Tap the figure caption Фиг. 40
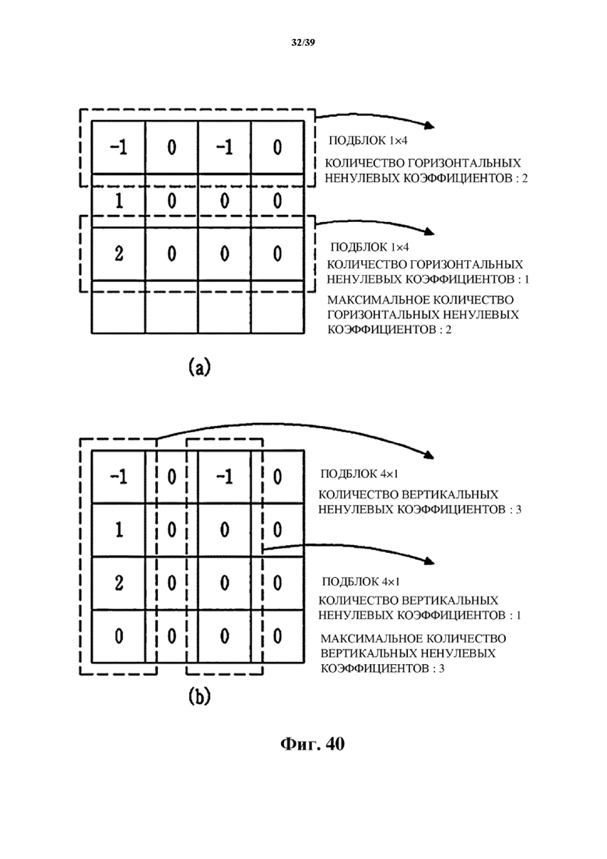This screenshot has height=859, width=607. pos(312,744)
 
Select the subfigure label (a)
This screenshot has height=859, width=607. pos(198,367)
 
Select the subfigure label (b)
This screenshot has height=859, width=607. pos(198,695)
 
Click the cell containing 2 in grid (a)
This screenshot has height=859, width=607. pos(118,254)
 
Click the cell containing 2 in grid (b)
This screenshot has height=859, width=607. pos(118,583)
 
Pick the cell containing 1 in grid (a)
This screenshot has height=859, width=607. pos(118,200)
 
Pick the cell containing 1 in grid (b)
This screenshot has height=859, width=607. pos(118,530)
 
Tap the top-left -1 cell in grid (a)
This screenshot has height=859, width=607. pos(118,147)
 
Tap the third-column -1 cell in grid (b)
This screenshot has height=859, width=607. pos(224,477)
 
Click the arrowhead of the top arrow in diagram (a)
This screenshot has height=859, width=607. pos(430,126)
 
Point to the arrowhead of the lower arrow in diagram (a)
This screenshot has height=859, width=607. pos(430,232)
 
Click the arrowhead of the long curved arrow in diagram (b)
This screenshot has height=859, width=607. pos(429,455)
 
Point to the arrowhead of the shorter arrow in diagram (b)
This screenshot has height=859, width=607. pos(429,560)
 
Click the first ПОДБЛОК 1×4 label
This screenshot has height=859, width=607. pos(368,141)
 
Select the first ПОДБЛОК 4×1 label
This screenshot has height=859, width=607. pos(363,474)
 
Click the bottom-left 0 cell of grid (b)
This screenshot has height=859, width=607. pos(118,636)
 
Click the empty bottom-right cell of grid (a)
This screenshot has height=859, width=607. pos(277,307)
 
